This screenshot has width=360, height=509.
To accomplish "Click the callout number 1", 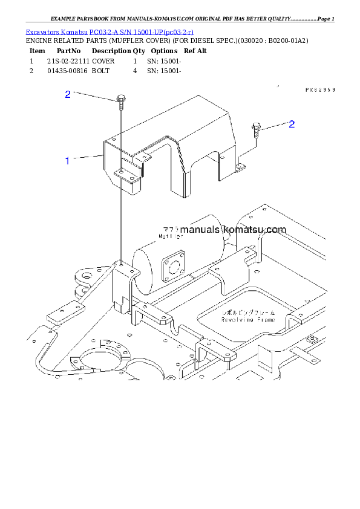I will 68,161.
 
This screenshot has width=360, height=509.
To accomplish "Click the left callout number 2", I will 68,94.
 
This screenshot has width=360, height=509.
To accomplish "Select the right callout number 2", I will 292,125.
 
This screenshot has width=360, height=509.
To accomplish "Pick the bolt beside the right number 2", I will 257,129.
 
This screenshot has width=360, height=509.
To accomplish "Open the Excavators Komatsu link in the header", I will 110,31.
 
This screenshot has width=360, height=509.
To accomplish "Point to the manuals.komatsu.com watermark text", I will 224,230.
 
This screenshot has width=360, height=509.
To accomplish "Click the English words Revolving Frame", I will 248,319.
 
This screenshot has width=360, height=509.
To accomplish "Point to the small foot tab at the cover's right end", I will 241,165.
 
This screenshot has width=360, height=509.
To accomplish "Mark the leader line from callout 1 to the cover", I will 88,158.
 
